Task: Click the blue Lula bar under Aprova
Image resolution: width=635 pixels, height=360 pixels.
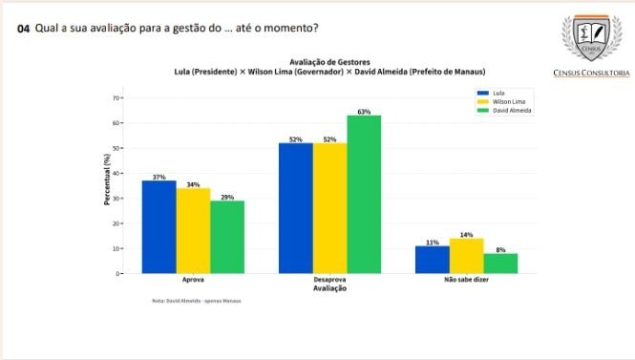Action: click(159, 227)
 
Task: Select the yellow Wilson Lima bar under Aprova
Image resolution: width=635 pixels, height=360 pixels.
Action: click(193, 231)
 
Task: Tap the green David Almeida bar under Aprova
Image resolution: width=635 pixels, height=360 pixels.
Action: click(227, 237)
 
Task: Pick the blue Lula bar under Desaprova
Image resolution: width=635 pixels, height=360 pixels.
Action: click(296, 208)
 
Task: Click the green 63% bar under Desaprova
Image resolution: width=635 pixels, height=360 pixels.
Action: click(364, 195)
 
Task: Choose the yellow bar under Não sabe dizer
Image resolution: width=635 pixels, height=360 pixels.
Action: click(466, 256)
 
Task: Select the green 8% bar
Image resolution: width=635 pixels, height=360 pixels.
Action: click(500, 264)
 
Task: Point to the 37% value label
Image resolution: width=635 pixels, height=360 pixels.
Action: click(159, 177)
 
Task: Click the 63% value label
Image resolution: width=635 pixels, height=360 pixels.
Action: click(364, 112)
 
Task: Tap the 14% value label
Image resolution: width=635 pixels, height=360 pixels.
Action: click(466, 234)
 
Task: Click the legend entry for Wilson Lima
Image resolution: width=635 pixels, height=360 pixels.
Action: click(507, 101)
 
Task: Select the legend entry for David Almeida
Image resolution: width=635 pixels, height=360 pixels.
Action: click(509, 110)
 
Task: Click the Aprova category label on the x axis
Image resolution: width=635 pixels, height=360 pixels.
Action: click(193, 281)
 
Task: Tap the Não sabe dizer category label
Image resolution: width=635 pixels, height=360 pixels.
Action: click(467, 281)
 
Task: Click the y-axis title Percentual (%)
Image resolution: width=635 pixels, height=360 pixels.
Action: click(107, 181)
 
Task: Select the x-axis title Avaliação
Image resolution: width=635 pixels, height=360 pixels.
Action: click(329, 288)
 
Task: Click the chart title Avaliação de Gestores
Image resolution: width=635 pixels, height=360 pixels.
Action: click(329, 62)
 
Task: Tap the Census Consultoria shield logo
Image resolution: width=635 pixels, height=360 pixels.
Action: click(591, 38)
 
